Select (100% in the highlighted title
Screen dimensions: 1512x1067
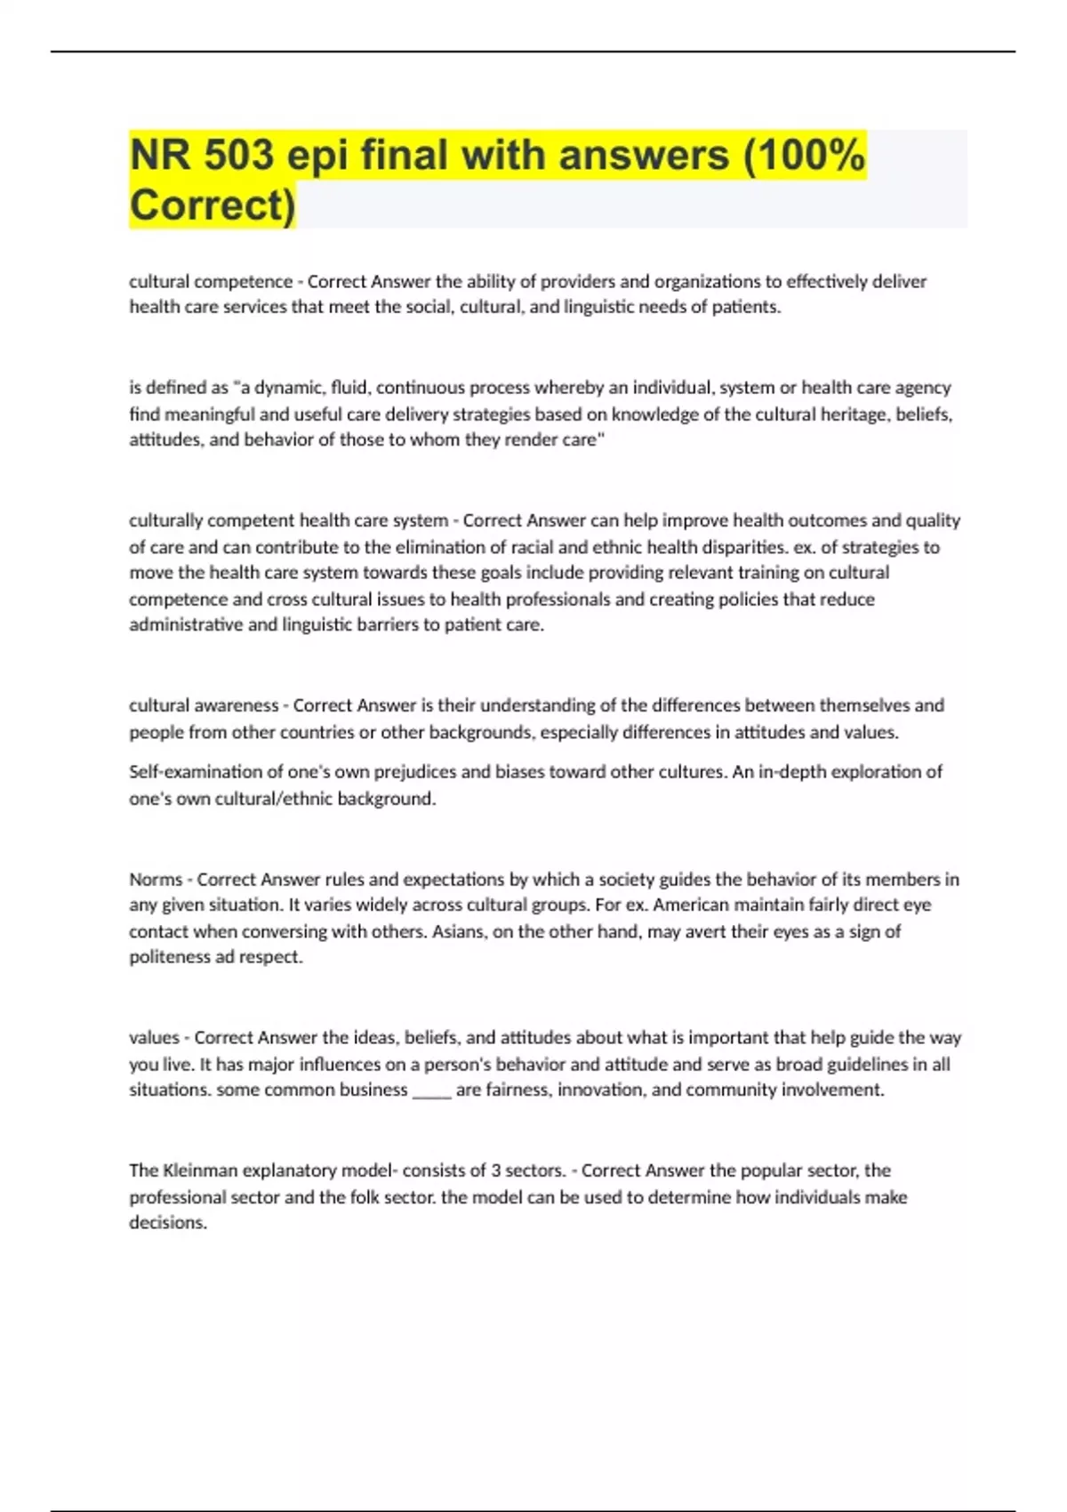pyautogui.click(x=804, y=156)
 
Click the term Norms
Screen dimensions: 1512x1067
pyautogui.click(x=156, y=880)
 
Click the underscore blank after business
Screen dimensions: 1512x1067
pyautogui.click(x=432, y=1091)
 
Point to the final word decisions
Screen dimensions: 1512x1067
pyautogui.click(x=168, y=1223)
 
